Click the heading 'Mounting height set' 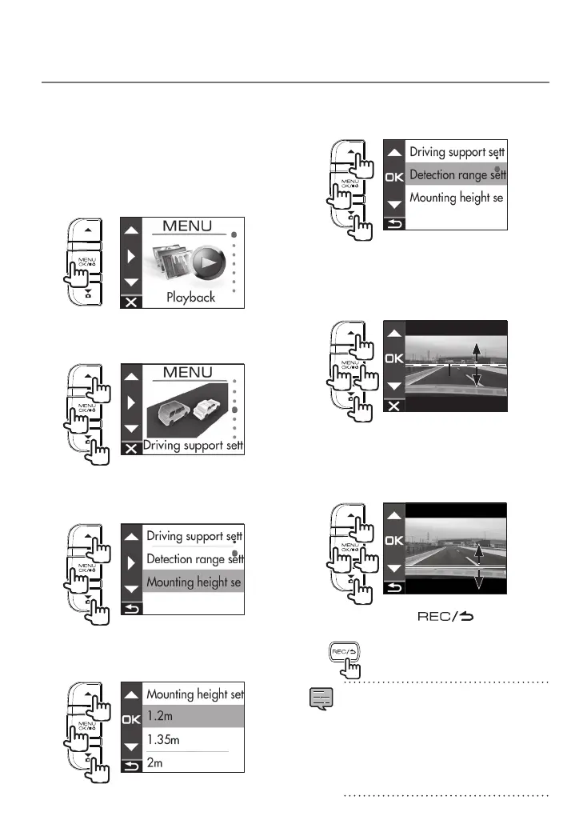point(194,694)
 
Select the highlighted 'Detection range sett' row point(457,174)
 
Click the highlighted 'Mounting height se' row point(194,582)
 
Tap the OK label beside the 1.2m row point(131,719)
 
